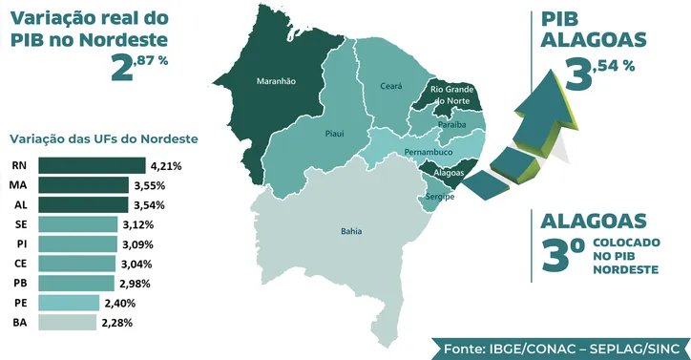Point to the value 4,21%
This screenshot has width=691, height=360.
click(164, 165)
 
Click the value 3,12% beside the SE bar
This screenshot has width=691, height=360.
click(140, 224)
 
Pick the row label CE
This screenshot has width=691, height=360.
click(20, 264)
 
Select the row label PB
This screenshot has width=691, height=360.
click(20, 284)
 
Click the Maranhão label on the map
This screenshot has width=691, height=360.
click(276, 82)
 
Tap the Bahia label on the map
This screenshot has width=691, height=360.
click(351, 231)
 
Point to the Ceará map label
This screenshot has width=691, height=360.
click(391, 86)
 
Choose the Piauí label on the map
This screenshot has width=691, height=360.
click(334, 134)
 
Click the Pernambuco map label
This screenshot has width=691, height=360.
click(428, 152)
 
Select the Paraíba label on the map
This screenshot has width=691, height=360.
click(451, 125)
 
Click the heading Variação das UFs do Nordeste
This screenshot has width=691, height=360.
click(102, 138)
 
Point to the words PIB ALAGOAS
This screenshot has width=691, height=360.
click(593, 30)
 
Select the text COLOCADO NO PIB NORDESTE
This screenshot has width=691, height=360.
click(625, 257)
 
